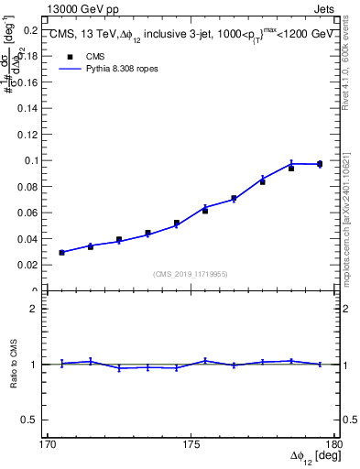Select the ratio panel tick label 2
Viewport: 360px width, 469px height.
(39, 309)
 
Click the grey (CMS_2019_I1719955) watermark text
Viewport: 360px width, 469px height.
(191, 273)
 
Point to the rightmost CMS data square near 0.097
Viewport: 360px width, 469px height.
(320, 164)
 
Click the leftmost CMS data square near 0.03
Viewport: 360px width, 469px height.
(61, 252)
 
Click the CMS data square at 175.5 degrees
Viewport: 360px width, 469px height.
(205, 211)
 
